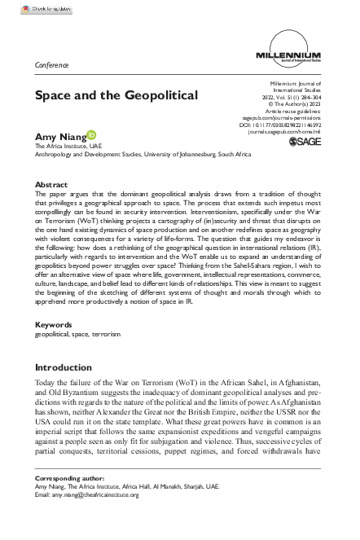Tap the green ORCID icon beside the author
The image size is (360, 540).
(91, 134)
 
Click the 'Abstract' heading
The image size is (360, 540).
(52, 185)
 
